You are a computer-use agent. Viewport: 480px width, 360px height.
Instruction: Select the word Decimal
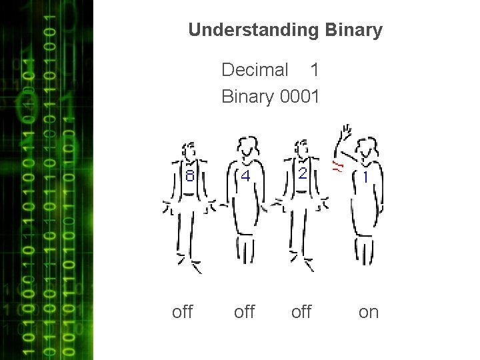point(255,69)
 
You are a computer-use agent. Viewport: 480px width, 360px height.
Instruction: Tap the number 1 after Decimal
point(315,69)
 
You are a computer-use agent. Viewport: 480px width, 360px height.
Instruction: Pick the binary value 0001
point(300,97)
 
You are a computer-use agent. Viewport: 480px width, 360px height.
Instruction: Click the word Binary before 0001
point(247,97)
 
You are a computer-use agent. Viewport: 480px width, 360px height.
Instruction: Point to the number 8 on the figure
point(190,177)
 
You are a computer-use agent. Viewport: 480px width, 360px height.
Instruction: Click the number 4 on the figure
point(245,177)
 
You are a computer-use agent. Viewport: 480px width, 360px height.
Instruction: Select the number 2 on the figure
point(303,173)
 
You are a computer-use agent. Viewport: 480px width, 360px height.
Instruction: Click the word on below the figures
point(368,311)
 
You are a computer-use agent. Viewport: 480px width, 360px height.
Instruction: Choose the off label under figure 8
point(182,311)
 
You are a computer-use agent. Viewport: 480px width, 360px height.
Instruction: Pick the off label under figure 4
point(244,311)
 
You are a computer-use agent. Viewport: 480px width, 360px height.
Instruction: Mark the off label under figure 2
point(301,311)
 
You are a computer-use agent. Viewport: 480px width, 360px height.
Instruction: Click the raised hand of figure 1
point(345,133)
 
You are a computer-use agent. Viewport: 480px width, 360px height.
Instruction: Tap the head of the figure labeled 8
point(189,151)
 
